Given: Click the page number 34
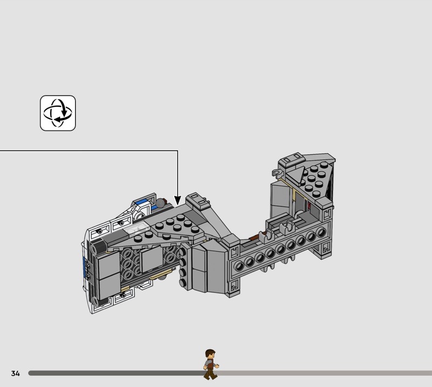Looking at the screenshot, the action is click(x=16, y=373).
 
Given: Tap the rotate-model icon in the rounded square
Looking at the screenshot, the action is click(x=58, y=113).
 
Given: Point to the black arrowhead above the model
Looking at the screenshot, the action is click(x=178, y=201).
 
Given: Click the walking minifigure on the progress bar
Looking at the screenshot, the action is click(x=211, y=364).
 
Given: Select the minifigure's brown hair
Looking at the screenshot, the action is click(x=210, y=353).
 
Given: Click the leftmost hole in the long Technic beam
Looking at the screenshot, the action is click(x=239, y=266).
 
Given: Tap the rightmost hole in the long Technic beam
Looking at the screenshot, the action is click(x=321, y=233).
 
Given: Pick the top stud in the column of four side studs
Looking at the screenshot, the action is click(x=183, y=251).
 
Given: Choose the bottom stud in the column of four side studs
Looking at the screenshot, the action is click(x=183, y=282).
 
